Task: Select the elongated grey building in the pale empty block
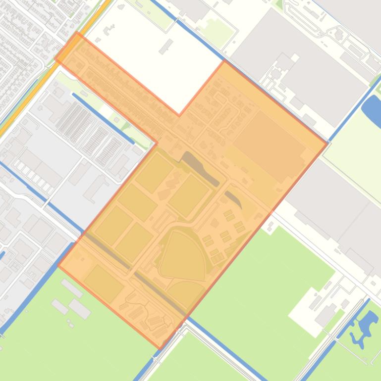tap(166, 46)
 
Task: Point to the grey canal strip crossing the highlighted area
tap(134, 267)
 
